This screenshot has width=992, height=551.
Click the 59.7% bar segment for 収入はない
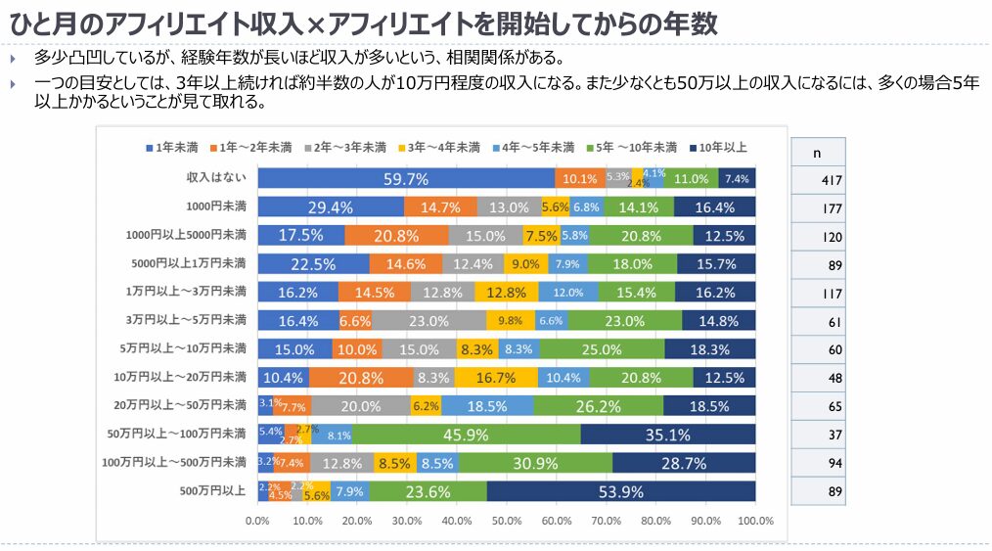[406, 178]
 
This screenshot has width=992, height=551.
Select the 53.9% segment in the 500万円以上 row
[621, 491]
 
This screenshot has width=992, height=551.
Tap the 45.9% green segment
[466, 435]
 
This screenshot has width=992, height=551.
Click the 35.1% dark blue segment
[667, 435]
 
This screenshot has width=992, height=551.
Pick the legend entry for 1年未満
[171, 148]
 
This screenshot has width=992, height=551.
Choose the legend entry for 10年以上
[719, 148]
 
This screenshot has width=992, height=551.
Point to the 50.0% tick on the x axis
[506, 521]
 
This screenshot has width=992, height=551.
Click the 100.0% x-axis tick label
[755, 521]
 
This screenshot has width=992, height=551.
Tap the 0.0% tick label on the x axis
[257, 521]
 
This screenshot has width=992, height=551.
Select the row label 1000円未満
[215, 207]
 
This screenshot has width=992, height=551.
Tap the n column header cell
[818, 154]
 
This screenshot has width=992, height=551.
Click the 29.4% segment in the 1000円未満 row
[331, 207]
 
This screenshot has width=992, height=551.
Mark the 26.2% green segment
[599, 405]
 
